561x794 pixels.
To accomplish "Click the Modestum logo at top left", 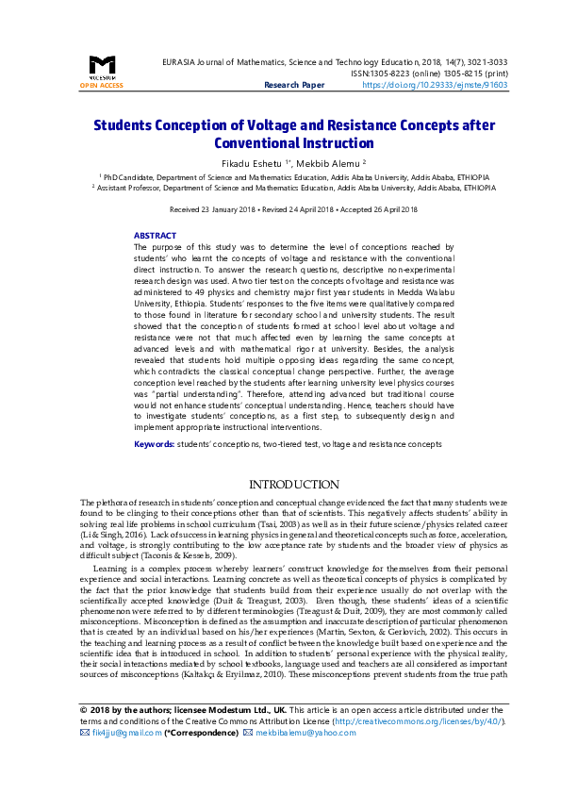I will [101, 66].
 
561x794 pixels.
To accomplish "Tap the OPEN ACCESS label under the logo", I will [101, 86].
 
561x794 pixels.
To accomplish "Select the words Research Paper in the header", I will [293, 85].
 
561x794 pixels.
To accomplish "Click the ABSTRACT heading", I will [155, 236].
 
